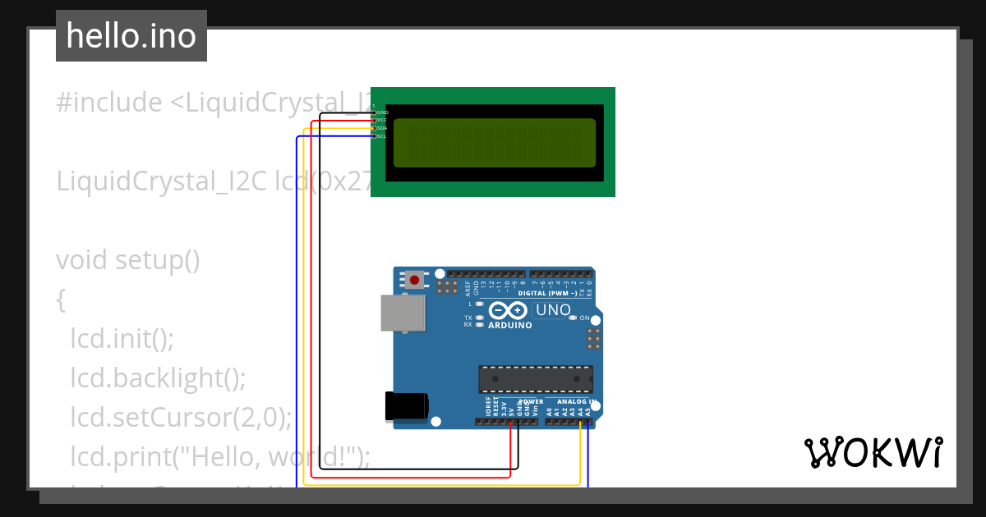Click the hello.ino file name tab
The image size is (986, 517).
131,36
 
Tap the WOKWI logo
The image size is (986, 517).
873,452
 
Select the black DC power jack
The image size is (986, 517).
407,406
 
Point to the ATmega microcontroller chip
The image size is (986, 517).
536,379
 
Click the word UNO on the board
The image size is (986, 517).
553,310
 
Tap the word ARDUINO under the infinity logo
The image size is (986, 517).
510,325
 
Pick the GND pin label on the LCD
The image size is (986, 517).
382,112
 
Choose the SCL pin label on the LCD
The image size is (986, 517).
382,136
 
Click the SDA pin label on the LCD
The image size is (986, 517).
382,128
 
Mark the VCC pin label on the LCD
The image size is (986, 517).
382,120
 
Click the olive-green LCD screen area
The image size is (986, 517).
494,142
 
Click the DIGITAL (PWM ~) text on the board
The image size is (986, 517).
553,293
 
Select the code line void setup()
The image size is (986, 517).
128,260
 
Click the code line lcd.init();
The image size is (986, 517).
122,338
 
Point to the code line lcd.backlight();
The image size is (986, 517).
158,377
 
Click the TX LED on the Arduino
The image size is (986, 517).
479,318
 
